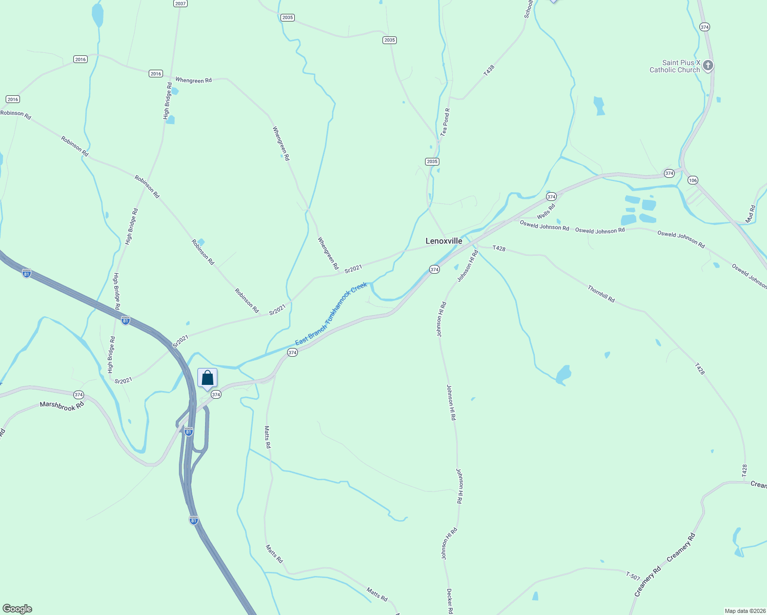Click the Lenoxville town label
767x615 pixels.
pos(443,241)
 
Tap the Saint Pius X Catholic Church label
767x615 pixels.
pos(674,66)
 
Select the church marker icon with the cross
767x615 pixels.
pos(708,66)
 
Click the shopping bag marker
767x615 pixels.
pos(207,379)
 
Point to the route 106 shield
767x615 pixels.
pos(693,180)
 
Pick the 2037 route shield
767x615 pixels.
pos(180,3)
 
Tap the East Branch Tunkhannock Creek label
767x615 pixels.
pos(331,314)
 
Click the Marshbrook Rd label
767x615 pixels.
pos(62,406)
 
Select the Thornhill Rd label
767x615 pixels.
pos(601,294)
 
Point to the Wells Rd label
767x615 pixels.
pos(546,211)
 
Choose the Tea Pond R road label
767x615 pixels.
pos(445,121)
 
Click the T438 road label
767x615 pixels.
pos(489,70)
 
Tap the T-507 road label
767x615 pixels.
pos(633,576)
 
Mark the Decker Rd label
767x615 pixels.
pos(449,601)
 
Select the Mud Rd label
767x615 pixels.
pos(751,213)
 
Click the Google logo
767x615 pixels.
pos(17,609)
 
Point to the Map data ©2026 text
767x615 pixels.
pos(744,611)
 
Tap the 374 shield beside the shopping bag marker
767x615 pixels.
pos(216,395)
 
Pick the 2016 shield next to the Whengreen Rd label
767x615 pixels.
pos(156,74)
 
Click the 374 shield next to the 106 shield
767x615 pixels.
pos(669,173)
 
